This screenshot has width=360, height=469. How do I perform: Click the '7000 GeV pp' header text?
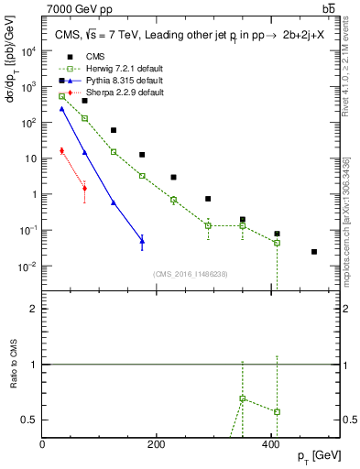click(x=76, y=8)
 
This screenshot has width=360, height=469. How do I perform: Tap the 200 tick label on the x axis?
click(x=158, y=444)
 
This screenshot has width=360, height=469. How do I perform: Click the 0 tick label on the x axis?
click(x=43, y=444)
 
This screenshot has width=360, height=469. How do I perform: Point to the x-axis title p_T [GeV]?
click(x=320, y=455)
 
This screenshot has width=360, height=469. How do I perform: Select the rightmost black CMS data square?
click(x=314, y=252)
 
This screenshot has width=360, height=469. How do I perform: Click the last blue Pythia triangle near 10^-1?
click(x=142, y=241)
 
